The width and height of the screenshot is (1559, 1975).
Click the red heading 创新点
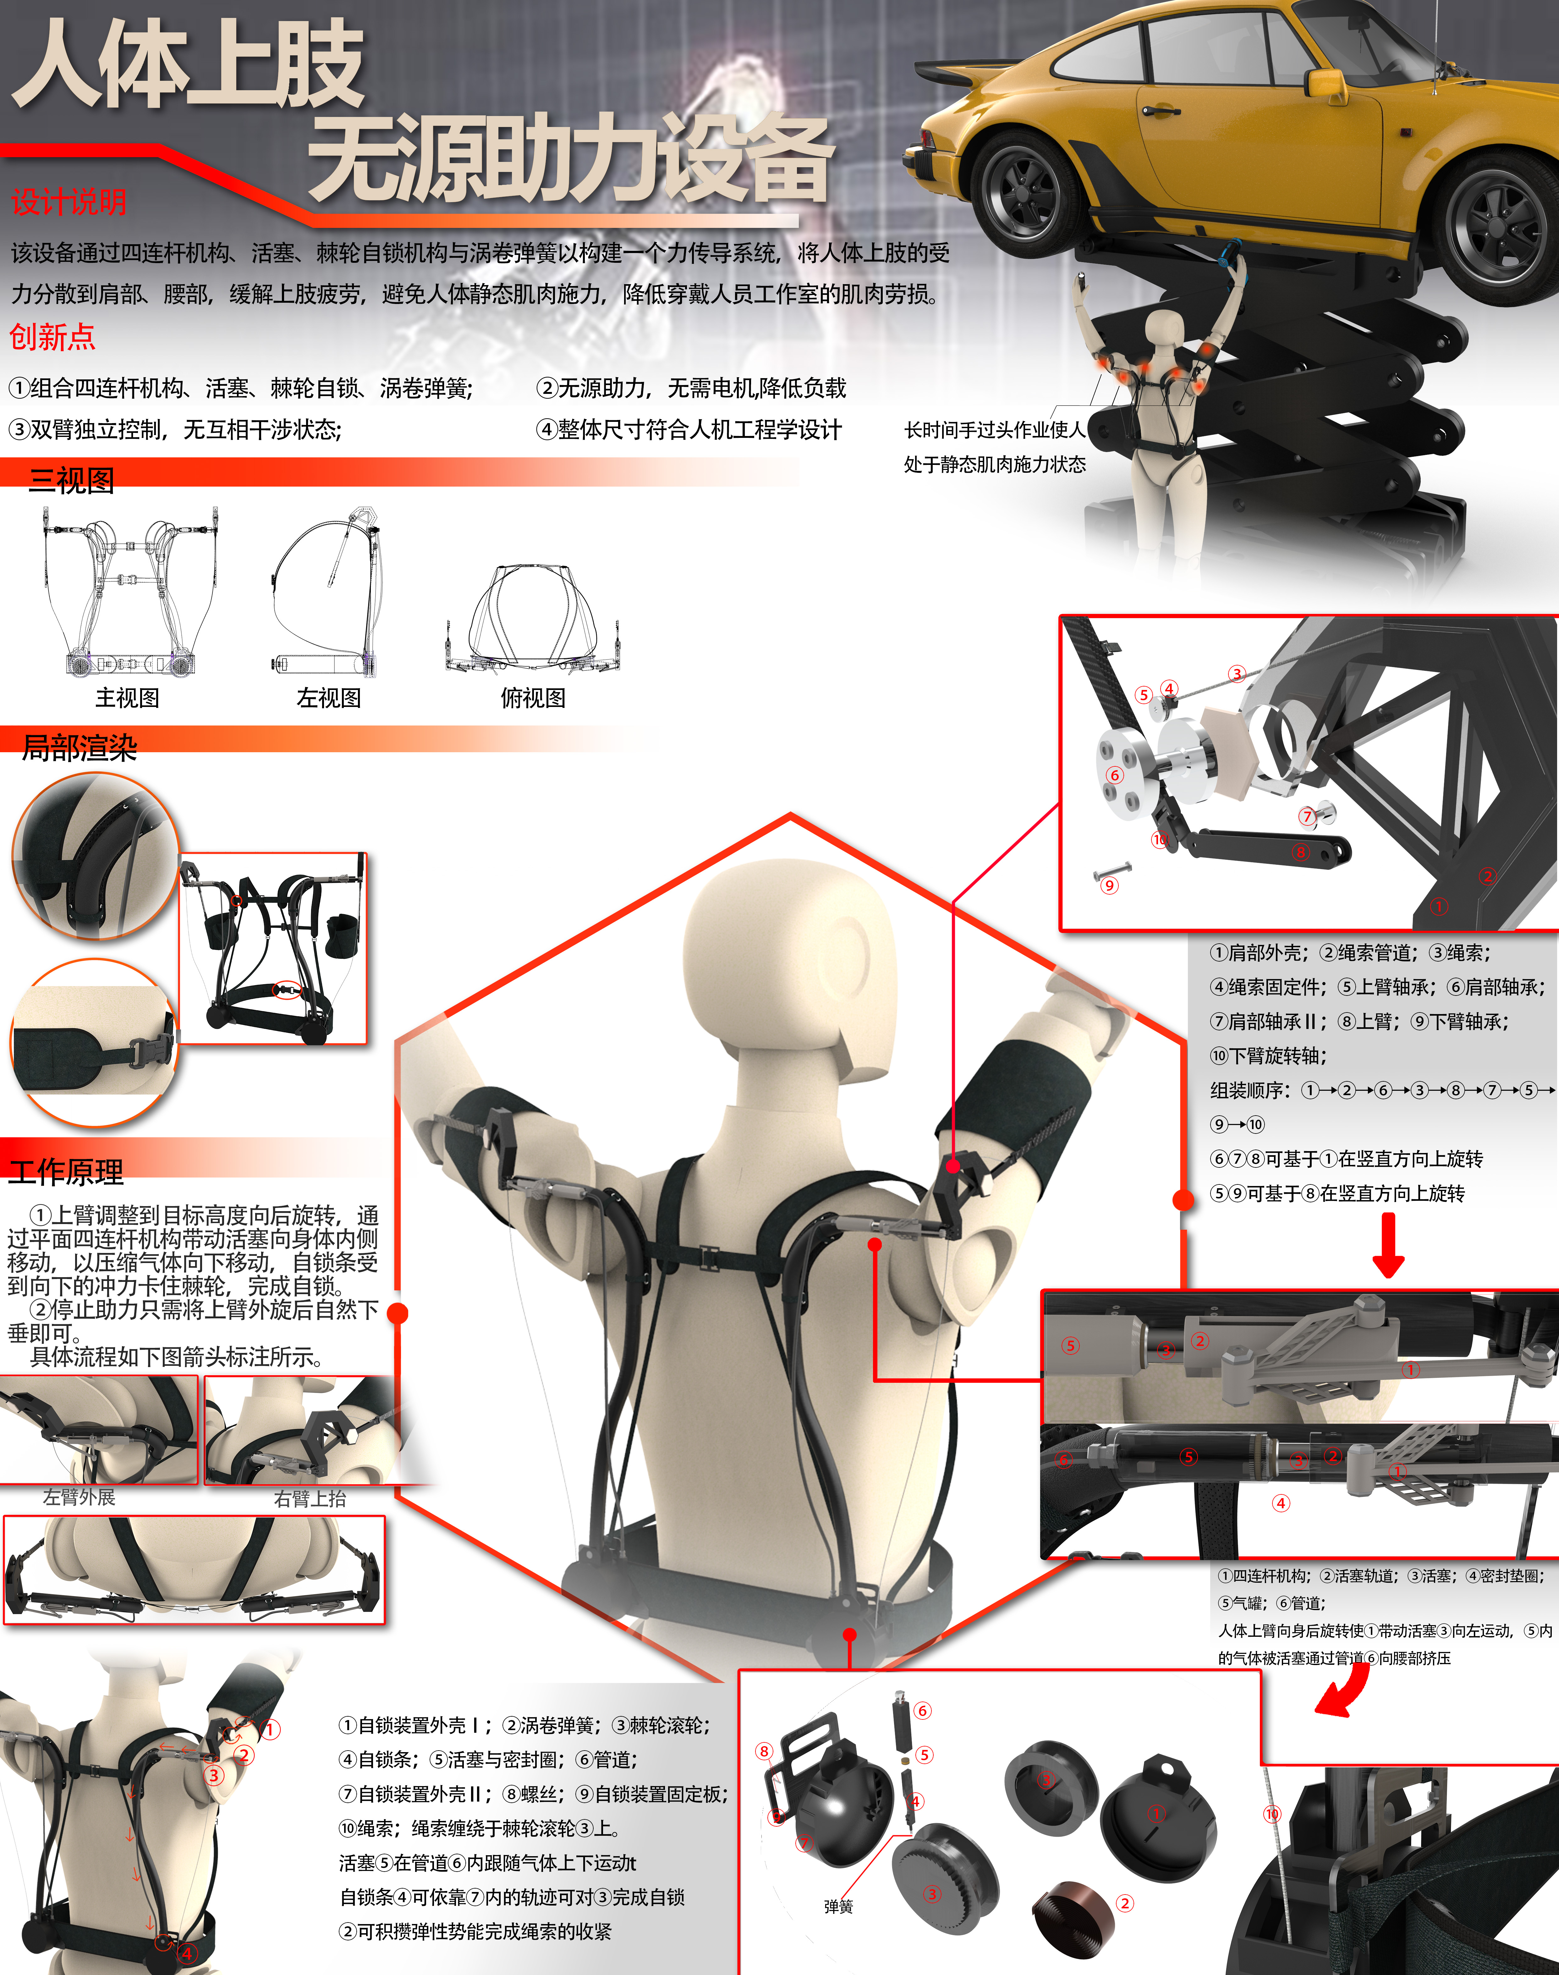[x=52, y=337]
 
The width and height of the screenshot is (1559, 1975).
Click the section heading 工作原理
[x=66, y=1172]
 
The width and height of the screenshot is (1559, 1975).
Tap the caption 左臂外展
[x=80, y=1497]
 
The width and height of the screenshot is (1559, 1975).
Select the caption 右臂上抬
[x=310, y=1498]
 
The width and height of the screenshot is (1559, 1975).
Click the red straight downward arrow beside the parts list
[x=1388, y=1246]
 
